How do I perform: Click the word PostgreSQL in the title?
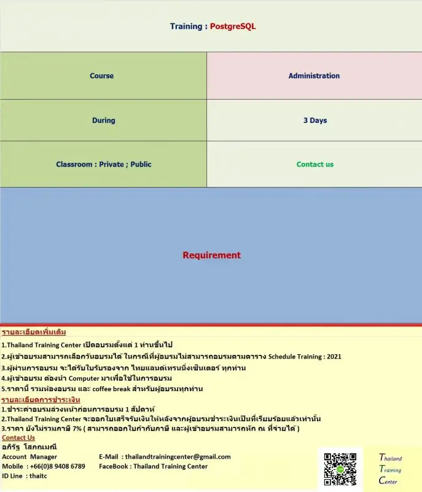[x=233, y=26]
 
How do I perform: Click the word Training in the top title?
[x=186, y=26]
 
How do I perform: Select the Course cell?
[x=102, y=76]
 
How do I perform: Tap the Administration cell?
[x=314, y=76]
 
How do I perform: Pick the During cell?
[x=103, y=121]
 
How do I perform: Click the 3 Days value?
[x=315, y=121]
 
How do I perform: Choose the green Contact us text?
[x=315, y=164]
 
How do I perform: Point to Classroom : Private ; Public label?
[x=103, y=164]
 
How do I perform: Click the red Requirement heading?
[x=211, y=255]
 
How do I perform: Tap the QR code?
[x=340, y=470]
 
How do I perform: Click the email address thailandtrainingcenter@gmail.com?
[x=178, y=456]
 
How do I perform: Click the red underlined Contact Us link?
[x=18, y=438]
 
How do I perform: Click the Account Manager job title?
[x=29, y=456]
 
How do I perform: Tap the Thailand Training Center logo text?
[x=390, y=469]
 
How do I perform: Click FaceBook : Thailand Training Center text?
[x=153, y=466]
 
